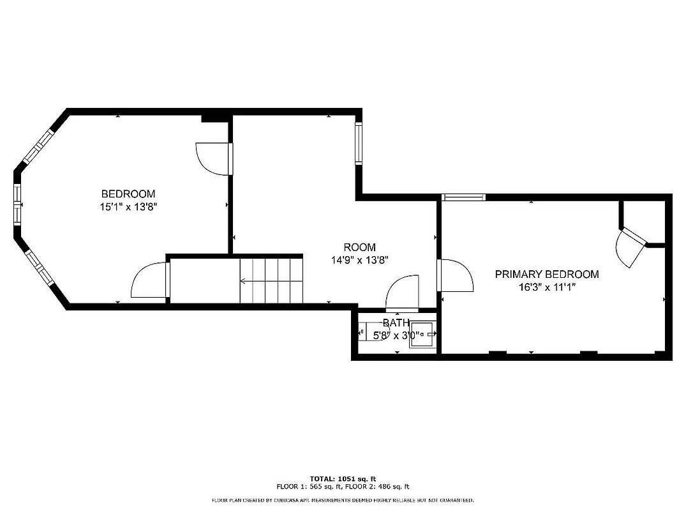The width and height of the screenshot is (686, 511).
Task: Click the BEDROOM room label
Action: (x=128, y=194)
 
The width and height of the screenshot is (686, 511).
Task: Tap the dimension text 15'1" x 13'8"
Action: (x=128, y=206)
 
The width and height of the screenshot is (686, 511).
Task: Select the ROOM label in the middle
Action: (x=360, y=247)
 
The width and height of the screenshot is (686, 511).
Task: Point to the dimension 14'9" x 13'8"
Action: (x=360, y=260)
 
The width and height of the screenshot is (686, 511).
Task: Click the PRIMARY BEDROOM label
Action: (x=547, y=274)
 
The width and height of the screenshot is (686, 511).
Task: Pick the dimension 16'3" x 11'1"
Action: (x=547, y=287)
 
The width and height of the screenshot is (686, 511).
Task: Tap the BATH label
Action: (x=396, y=323)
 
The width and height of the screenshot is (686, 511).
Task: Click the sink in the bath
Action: (x=422, y=334)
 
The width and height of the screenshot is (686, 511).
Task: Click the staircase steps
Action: (x=271, y=280)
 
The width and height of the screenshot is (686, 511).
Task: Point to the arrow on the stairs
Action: (x=255, y=280)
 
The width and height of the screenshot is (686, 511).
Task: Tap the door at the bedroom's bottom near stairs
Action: (x=151, y=281)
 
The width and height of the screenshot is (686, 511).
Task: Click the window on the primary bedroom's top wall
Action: (x=464, y=197)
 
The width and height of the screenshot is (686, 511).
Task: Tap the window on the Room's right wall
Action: (x=359, y=143)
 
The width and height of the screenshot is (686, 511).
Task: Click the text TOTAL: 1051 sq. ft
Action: (x=343, y=478)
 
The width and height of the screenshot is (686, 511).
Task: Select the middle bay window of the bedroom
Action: (x=17, y=204)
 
